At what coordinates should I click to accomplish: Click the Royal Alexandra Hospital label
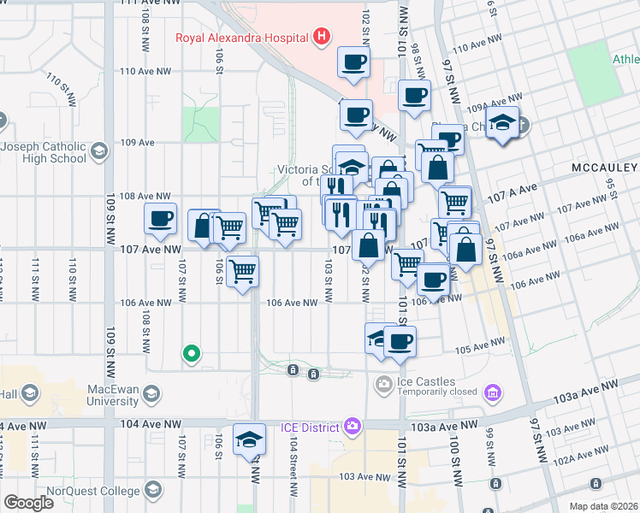(241, 37)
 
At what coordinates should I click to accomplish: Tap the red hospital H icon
(322, 36)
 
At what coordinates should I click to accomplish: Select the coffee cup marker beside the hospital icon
(354, 62)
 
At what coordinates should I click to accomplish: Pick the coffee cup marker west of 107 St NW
(160, 220)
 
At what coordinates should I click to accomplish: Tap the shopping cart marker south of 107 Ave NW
(243, 272)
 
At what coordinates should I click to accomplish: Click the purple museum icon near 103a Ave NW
(493, 392)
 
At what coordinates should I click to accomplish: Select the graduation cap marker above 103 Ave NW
(249, 439)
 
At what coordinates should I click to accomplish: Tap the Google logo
(28, 503)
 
